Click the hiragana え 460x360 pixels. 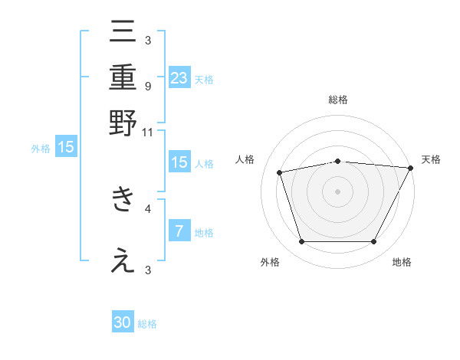pos(123,260)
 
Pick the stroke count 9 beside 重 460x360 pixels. pos(147,86)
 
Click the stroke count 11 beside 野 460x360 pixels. pos(147,132)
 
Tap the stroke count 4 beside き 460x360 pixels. pos(147,208)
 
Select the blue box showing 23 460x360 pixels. pos(179,78)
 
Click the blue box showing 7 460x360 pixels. pos(179,231)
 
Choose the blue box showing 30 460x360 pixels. pos(123,322)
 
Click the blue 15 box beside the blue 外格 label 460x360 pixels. pos(66,147)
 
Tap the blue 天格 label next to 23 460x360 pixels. pos(204,79)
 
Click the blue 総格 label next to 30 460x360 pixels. pos(147,323)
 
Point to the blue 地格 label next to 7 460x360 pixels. pos(204,232)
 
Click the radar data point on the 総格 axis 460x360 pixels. pos(337,161)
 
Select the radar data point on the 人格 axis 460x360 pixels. pos(280,172)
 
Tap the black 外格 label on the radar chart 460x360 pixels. pos(270,262)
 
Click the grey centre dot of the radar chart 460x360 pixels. pos(337,191)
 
